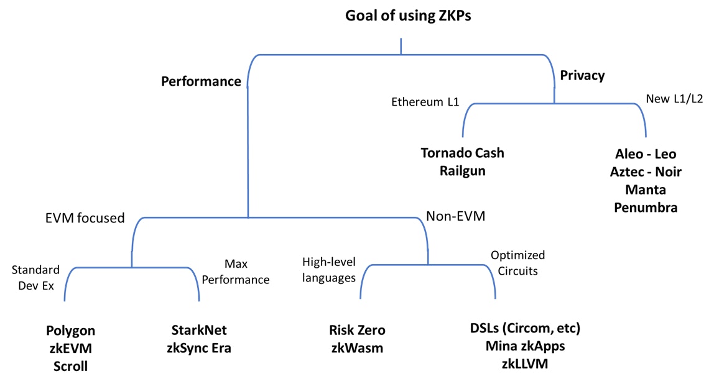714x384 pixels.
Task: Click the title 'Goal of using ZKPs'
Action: [408, 16]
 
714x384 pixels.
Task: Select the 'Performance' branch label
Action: [201, 81]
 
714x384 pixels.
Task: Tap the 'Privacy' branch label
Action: [582, 76]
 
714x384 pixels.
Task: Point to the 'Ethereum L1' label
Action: [425, 102]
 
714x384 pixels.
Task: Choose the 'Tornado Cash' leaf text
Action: [462, 152]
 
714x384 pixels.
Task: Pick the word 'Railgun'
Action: [461, 171]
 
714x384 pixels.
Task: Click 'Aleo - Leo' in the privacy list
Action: [645, 154]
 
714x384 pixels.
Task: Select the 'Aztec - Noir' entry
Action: [645, 172]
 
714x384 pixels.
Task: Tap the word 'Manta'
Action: [645, 190]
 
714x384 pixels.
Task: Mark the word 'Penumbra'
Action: [645, 208]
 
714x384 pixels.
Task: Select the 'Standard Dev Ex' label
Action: [36, 277]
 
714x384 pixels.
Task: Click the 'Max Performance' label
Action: [236, 272]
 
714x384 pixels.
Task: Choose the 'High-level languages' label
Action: [329, 270]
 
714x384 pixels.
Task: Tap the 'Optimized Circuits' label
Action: [517, 263]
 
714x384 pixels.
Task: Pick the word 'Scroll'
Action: [70, 366]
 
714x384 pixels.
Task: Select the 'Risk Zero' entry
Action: [357, 331]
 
